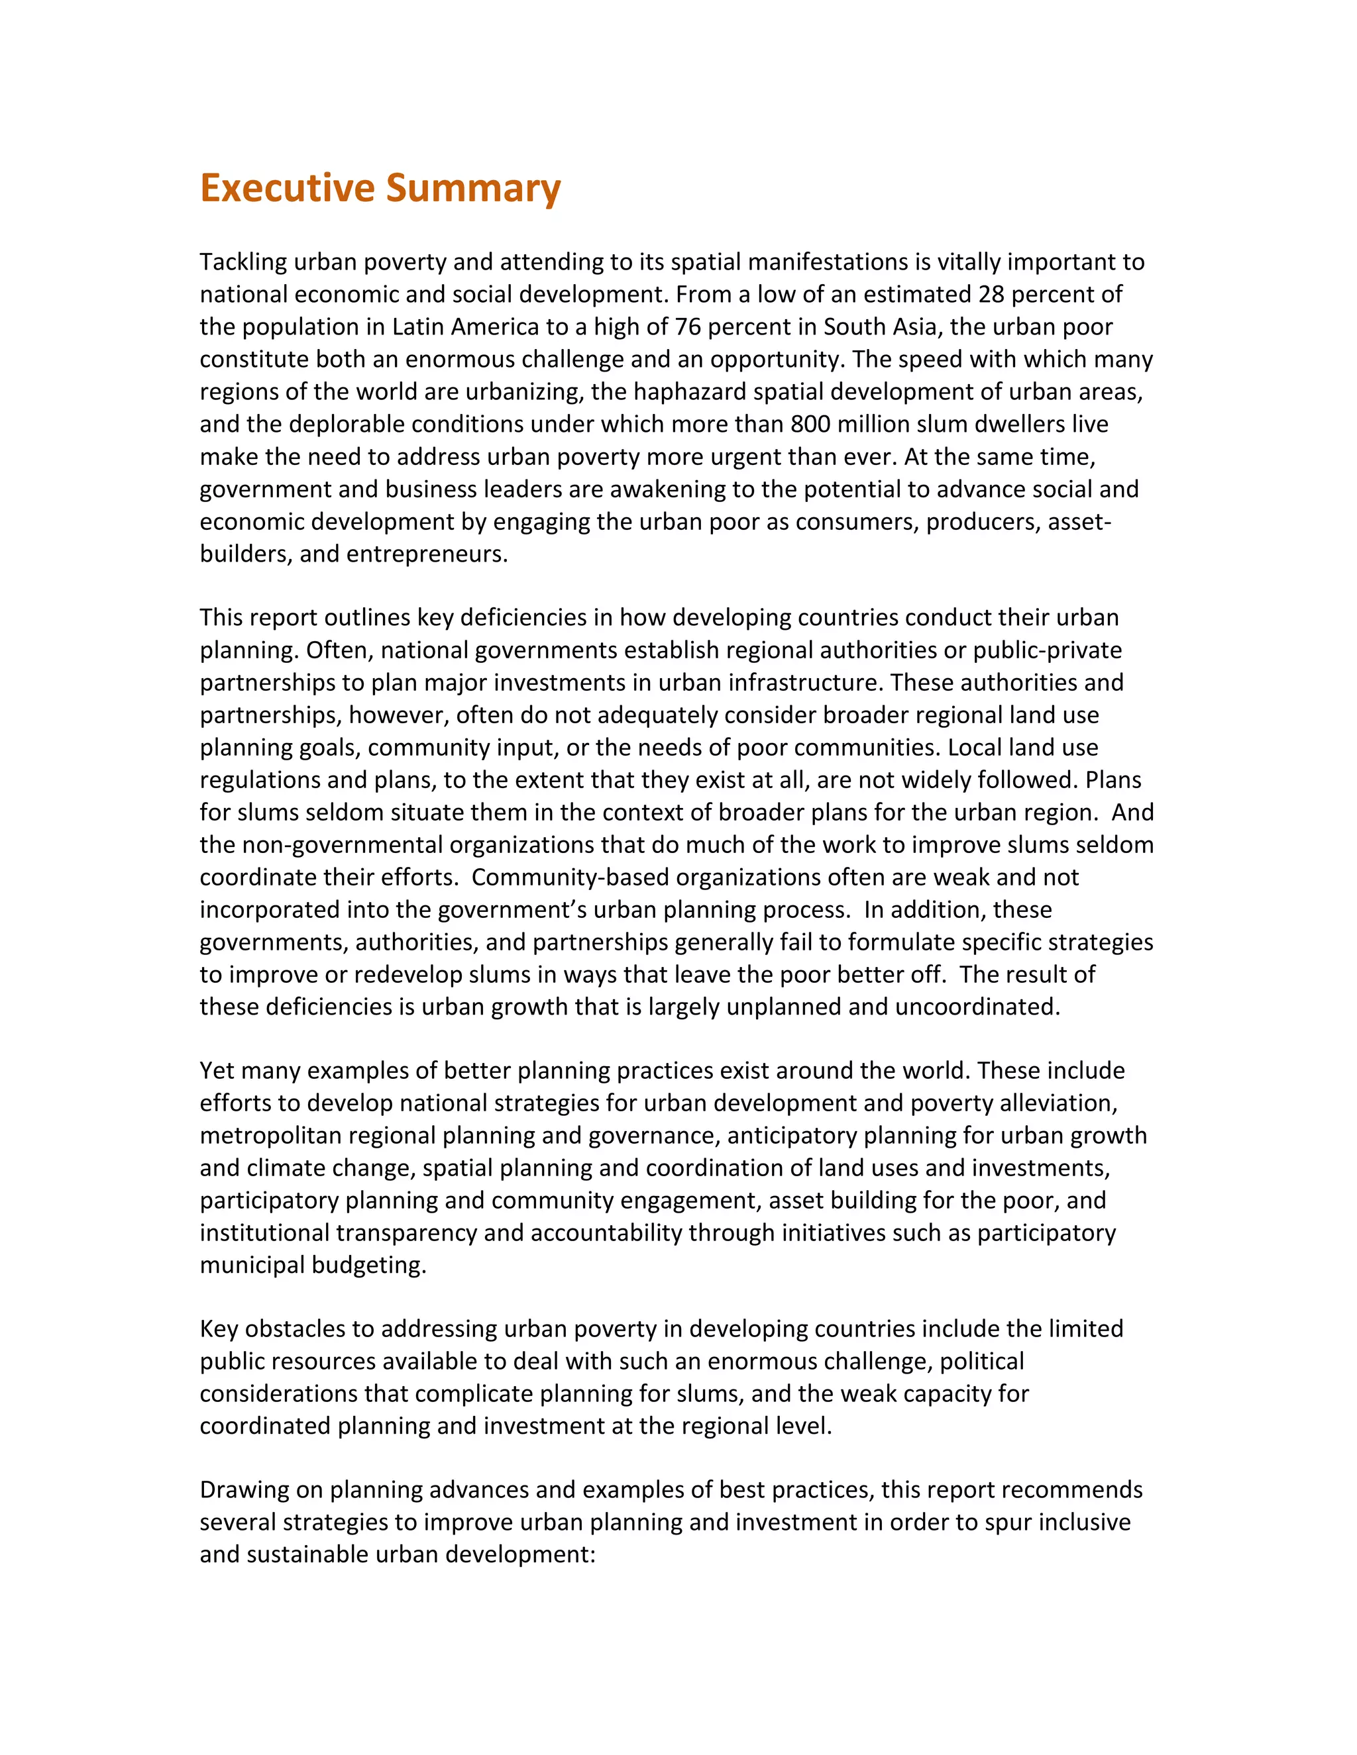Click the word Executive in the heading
pos(286,188)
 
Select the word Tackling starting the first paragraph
pos(243,262)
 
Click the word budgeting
pos(368,1266)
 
